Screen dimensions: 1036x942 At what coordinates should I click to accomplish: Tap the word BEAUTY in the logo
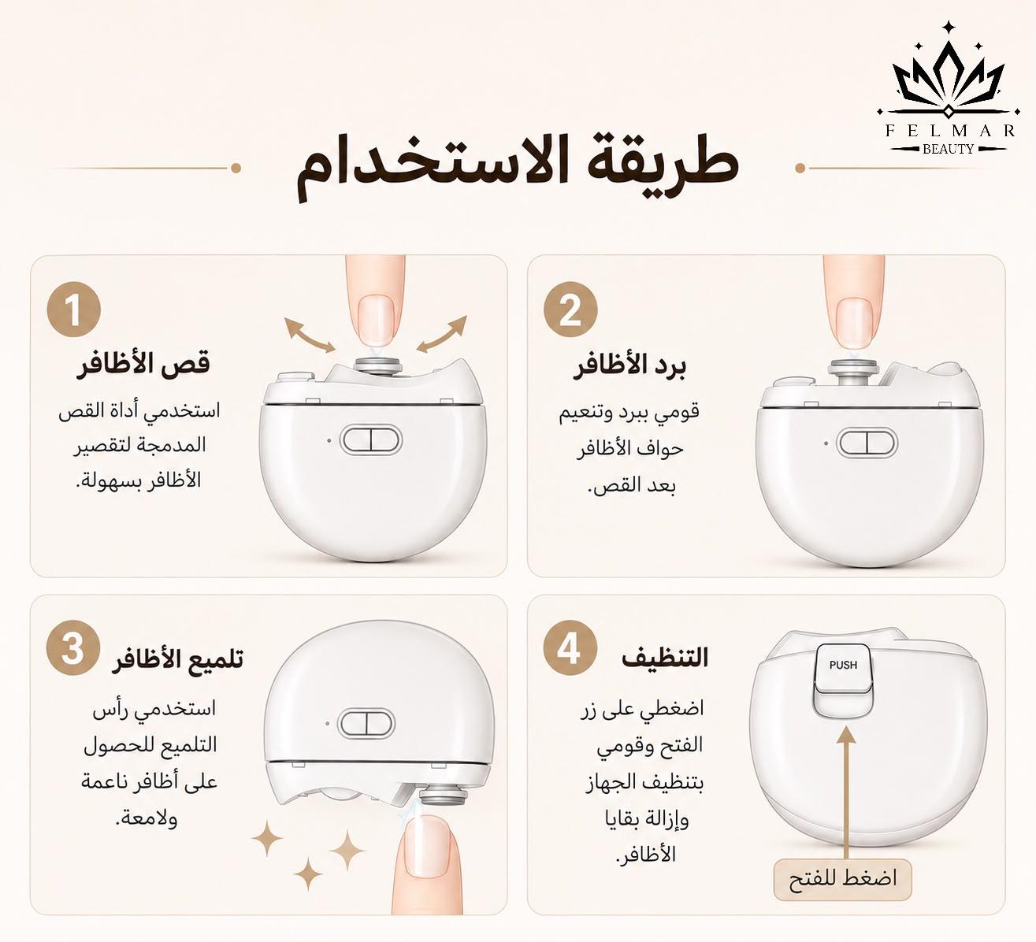[949, 149]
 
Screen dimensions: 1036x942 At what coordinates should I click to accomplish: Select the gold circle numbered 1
[73, 310]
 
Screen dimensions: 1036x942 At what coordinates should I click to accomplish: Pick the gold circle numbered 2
[570, 310]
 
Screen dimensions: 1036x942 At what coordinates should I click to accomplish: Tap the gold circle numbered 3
[72, 649]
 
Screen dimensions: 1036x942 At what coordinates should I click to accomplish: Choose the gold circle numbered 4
[570, 649]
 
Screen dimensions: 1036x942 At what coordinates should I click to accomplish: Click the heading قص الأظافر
[143, 364]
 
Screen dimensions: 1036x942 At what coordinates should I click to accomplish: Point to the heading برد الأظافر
[629, 365]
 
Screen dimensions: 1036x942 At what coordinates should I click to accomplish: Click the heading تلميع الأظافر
[178, 658]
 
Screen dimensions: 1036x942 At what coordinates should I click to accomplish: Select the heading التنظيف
[665, 658]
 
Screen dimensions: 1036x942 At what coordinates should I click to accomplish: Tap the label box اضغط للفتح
[843, 878]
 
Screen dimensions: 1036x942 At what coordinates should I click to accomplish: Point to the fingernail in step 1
[376, 319]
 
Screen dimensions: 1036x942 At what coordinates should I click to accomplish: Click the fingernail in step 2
[854, 323]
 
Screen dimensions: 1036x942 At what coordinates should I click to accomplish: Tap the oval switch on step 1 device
[370, 440]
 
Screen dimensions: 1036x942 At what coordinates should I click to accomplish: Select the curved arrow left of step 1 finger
[310, 336]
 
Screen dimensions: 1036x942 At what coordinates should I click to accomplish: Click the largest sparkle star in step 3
[347, 850]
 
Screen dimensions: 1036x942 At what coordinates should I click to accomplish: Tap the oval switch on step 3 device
[366, 724]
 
